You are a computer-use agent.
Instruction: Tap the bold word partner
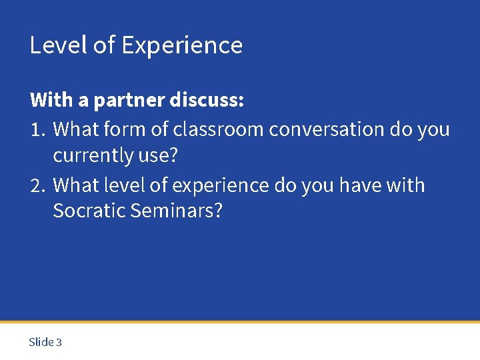point(129,100)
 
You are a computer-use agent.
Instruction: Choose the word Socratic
point(89,211)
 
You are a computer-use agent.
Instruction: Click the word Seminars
point(177,211)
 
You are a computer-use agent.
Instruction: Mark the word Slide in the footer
point(41,342)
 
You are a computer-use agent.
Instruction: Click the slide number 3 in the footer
point(59,342)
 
